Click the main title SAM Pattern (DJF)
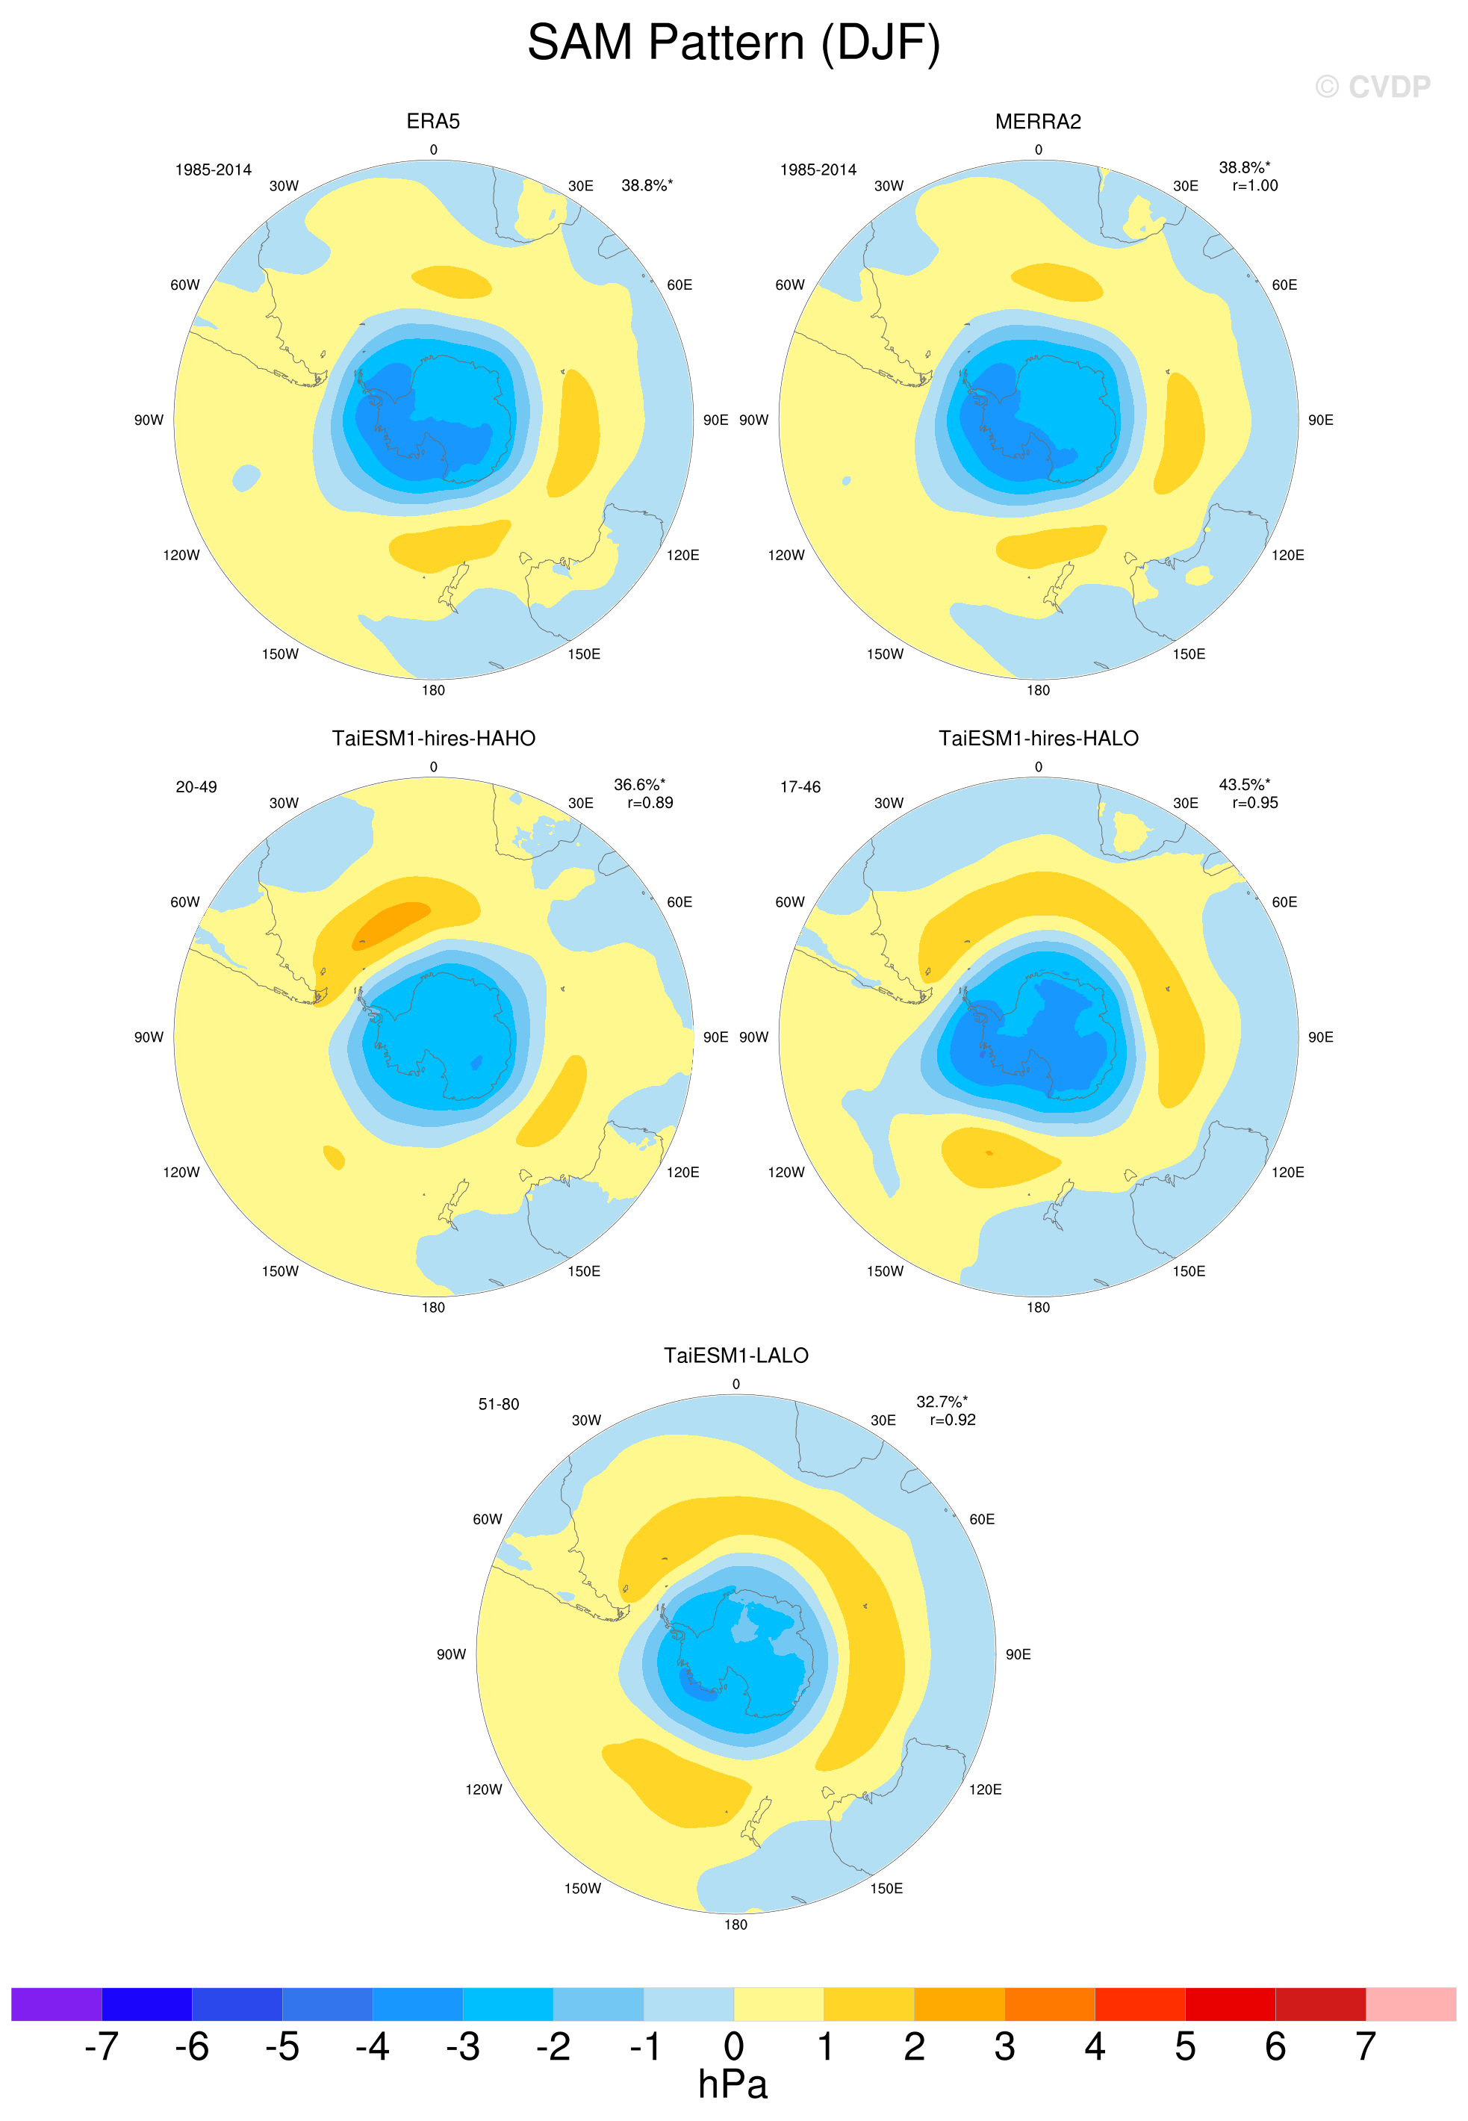pos(733,43)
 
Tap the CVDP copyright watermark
pos(1372,87)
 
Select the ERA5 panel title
pos(433,122)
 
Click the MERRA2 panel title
pos(1038,122)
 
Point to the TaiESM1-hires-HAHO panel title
pos(433,739)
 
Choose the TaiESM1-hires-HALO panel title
pos(1039,739)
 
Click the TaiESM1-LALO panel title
pos(735,1355)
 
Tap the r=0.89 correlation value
pos(650,803)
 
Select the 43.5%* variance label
pos(1245,785)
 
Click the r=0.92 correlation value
pos(953,1420)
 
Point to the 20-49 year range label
pos(196,787)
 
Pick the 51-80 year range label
pos(499,1405)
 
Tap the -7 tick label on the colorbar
pos(102,2046)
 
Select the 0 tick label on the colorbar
pos(733,2046)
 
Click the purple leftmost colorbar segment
pos(56,2004)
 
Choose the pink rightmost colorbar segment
pos(1411,2004)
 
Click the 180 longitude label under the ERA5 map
pos(433,690)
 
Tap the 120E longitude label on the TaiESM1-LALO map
pos(985,1789)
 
